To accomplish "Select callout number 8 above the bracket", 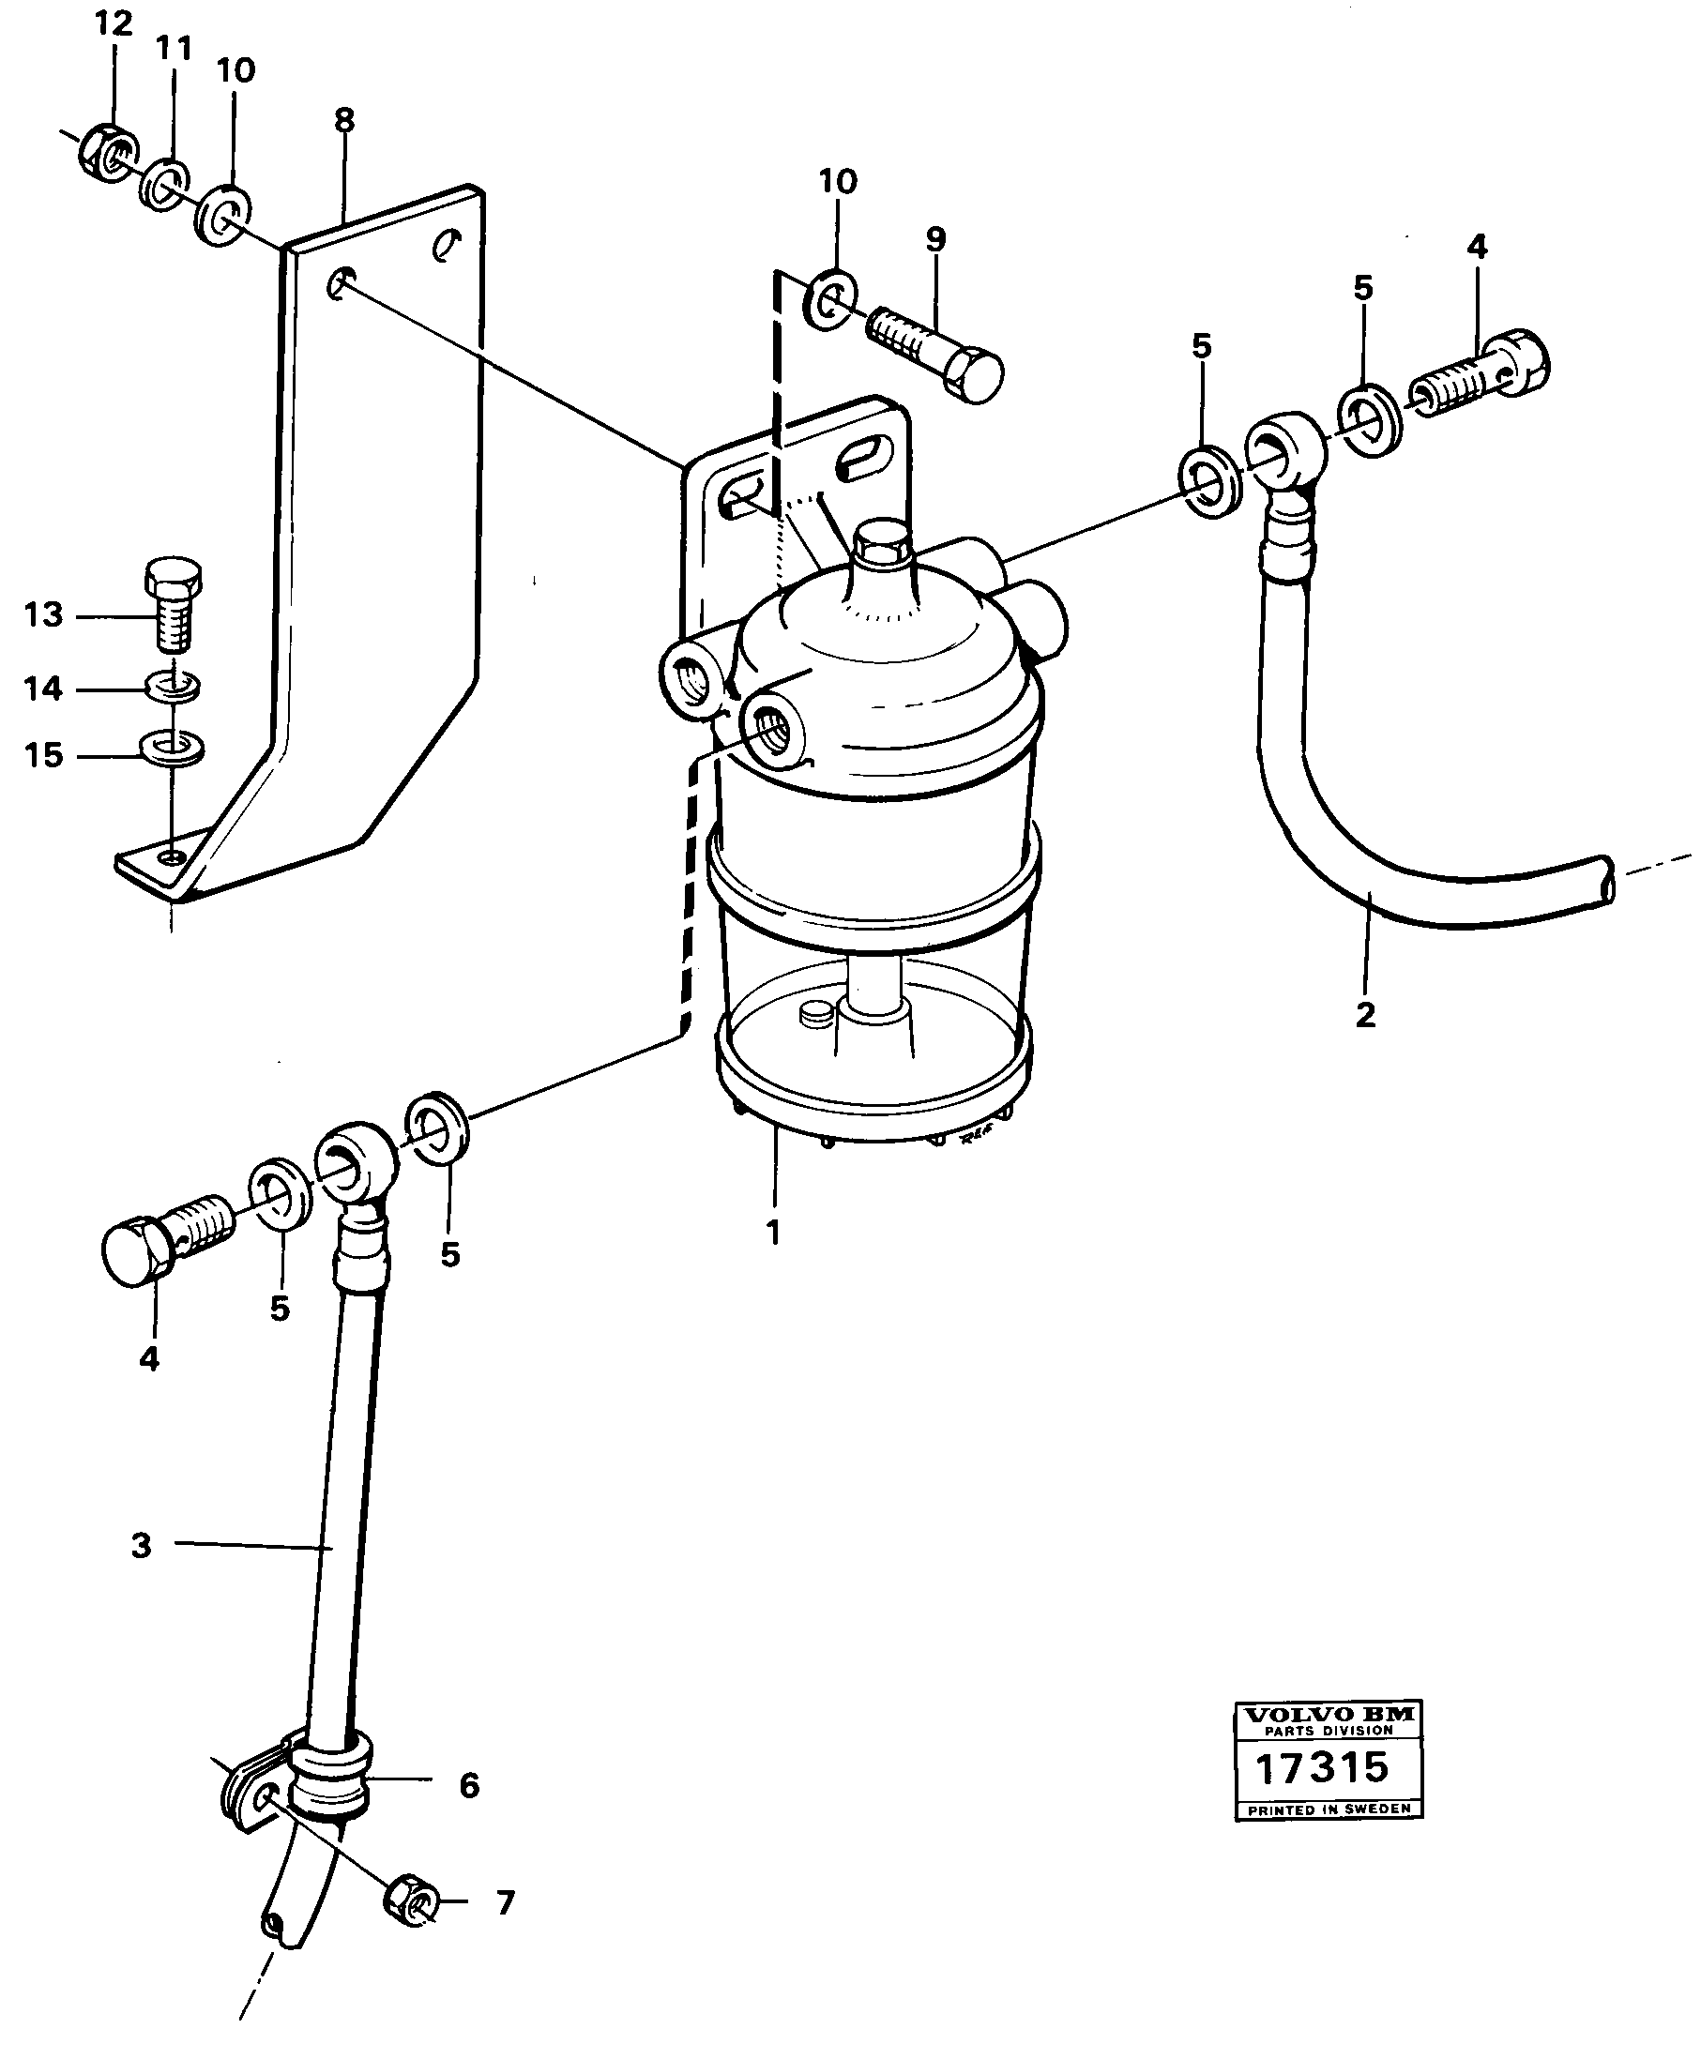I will coord(344,120).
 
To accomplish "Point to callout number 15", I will coord(43,755).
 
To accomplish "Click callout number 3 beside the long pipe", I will coord(141,1546).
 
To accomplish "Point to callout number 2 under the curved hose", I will coord(1365,1014).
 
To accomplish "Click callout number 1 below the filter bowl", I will coord(773,1232).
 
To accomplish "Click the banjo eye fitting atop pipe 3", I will coord(355,1163).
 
